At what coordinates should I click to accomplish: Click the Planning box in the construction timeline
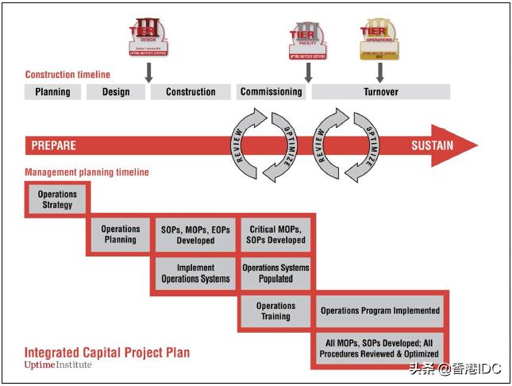(52, 92)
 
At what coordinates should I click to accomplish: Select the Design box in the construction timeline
(116, 92)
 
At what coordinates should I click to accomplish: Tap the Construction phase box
(191, 92)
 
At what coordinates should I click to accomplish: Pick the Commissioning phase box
(271, 91)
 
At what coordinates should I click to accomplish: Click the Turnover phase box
(381, 92)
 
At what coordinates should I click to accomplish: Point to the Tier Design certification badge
(148, 37)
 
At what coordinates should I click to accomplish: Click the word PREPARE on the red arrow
(54, 145)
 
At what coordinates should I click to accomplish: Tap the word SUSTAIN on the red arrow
(432, 145)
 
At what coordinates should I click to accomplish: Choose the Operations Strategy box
(57, 199)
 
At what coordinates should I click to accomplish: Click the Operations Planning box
(120, 234)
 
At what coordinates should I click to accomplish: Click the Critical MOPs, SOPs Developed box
(275, 234)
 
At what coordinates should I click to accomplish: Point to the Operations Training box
(275, 311)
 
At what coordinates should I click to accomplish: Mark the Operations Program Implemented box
(380, 311)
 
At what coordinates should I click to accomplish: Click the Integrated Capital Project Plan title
(107, 353)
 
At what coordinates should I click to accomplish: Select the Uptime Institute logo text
(58, 365)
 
